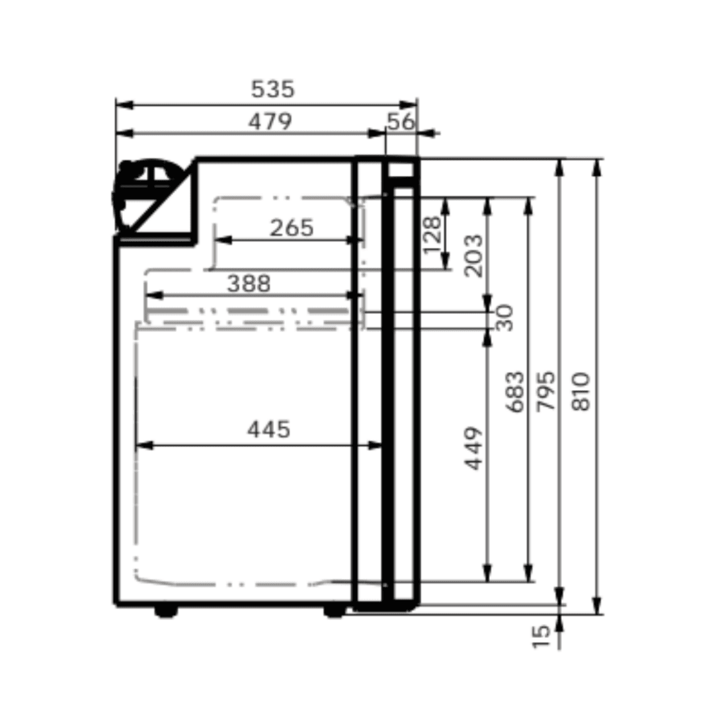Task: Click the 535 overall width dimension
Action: [x=272, y=89]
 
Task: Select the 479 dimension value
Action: [x=270, y=122]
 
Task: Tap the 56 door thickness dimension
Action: [x=401, y=122]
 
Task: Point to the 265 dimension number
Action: [x=292, y=228]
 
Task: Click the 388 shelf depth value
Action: [x=249, y=284]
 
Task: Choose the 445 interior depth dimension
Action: [x=269, y=430]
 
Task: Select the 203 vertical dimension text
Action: [x=474, y=255]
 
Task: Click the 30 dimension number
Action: [x=505, y=317]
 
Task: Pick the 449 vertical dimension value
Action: [x=474, y=449]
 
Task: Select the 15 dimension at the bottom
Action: [x=541, y=635]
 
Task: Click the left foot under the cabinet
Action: [x=165, y=611]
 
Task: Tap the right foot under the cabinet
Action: [x=335, y=611]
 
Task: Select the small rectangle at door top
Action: [x=401, y=170]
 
